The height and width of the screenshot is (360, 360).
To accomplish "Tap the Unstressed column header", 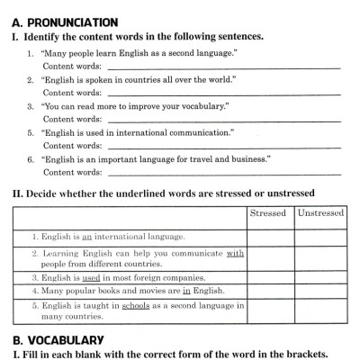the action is pyautogui.click(x=319, y=213).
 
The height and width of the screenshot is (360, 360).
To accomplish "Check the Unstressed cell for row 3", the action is pyautogui.click(x=319, y=278).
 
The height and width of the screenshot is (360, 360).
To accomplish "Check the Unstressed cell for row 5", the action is pyautogui.click(x=319, y=311).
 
